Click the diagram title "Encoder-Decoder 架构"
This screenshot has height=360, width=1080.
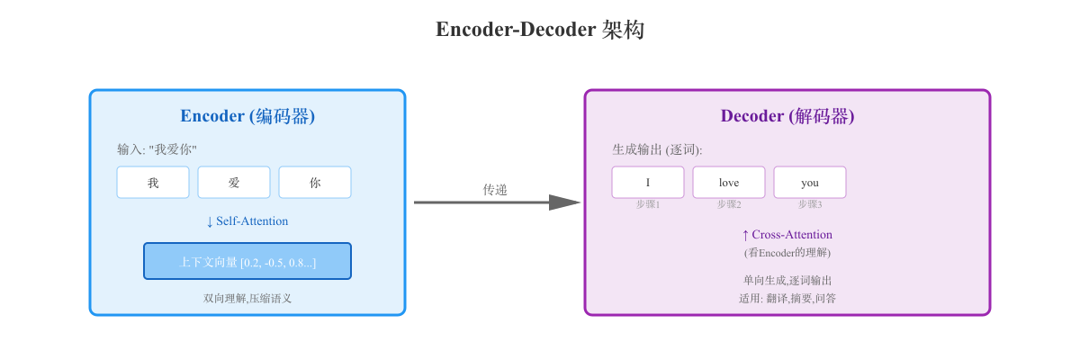tap(540, 30)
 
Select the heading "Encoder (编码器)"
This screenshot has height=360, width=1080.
tap(247, 116)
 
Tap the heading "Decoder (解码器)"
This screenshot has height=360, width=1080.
tap(787, 116)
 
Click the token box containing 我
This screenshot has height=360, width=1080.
tap(153, 183)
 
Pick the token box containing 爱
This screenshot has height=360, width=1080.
tap(234, 183)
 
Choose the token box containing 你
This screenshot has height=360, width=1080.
tap(315, 183)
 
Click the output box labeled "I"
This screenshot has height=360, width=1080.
tap(648, 183)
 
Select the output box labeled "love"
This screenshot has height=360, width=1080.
tap(729, 183)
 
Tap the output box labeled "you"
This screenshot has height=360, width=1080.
tap(810, 183)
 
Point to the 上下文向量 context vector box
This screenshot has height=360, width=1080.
tap(247, 262)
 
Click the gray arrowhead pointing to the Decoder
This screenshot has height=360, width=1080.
tap(564, 202)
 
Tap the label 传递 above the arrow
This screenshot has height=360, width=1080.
tap(495, 189)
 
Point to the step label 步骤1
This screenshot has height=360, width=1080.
tap(648, 204)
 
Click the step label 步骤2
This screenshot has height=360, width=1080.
tap(729, 204)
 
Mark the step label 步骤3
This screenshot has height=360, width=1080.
tap(810, 204)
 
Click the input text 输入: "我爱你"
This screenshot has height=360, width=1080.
tap(157, 149)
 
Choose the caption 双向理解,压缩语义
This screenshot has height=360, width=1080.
tap(247, 298)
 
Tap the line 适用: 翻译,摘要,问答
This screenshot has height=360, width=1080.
tap(787, 298)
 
